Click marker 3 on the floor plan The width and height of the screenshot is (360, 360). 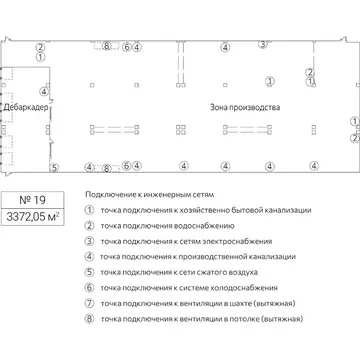point(262,43)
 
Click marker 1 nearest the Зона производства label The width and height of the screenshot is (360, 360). point(268,81)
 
